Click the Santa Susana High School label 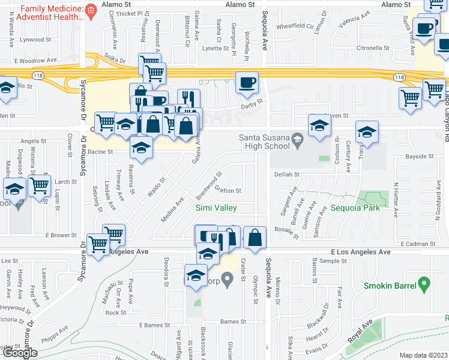point(265,142)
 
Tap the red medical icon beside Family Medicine point(91,10)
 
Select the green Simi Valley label point(216,208)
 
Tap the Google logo point(20,353)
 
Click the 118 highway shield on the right point(399,77)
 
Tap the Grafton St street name point(228,191)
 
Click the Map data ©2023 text point(423,355)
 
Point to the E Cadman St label point(420,244)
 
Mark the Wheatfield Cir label point(295,26)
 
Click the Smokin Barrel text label point(390,286)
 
